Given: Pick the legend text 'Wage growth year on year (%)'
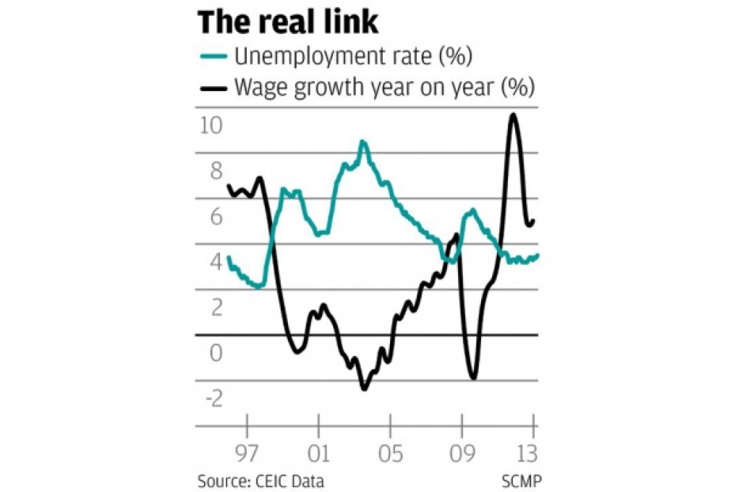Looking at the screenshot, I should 383,88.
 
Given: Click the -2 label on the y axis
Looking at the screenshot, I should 211,399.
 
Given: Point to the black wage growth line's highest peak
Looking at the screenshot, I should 513,114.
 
